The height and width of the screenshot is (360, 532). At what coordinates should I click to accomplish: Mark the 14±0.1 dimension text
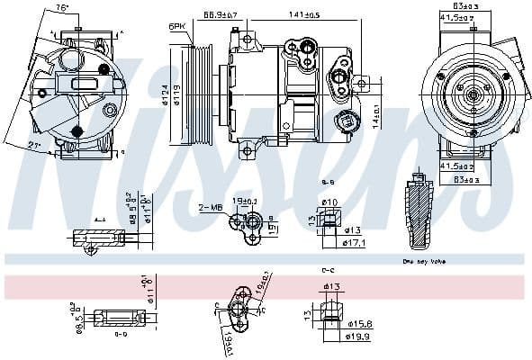point(375,116)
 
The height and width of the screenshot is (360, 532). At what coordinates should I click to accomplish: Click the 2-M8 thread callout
point(211,208)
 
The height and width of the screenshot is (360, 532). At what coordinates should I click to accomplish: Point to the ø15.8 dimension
point(356,325)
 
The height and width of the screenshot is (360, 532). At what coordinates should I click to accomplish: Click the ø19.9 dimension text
point(356,337)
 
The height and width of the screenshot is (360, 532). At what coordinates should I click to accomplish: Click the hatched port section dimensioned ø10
point(329,219)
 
